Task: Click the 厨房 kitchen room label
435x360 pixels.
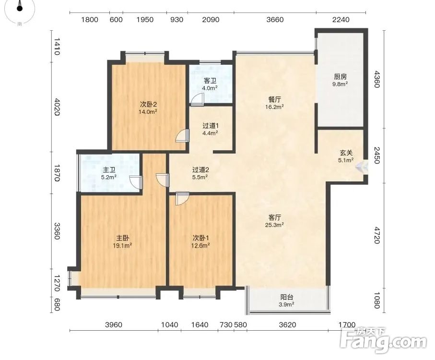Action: (x=341, y=77)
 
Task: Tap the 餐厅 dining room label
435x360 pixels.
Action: (x=275, y=99)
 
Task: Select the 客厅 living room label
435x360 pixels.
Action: (x=275, y=217)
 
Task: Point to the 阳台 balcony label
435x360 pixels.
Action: (x=287, y=297)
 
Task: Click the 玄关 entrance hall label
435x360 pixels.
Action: (x=346, y=153)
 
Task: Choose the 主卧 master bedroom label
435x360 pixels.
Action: (x=122, y=238)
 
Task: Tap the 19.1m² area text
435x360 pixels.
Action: (x=122, y=245)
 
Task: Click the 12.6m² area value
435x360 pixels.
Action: (x=200, y=245)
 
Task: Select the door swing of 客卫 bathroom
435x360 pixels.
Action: (x=197, y=99)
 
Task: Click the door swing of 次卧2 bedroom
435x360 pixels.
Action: (x=183, y=136)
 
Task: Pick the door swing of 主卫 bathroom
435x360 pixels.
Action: (x=136, y=182)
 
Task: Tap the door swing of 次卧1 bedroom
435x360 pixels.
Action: (x=182, y=199)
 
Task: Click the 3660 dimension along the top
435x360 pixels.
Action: (x=275, y=20)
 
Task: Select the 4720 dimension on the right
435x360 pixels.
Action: (x=376, y=235)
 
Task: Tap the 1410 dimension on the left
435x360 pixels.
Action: (x=57, y=47)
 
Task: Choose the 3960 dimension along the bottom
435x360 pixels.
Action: (x=114, y=324)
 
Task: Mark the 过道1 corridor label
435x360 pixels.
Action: (x=211, y=126)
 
